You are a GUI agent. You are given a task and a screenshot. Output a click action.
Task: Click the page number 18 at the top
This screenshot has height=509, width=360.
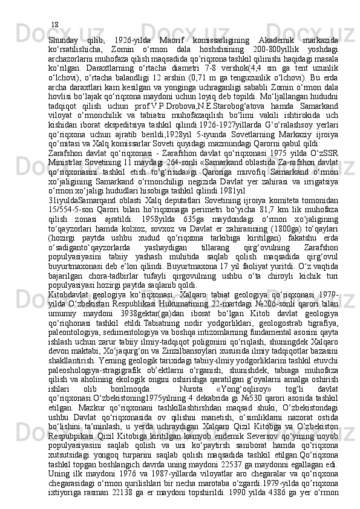(x=54, y=8)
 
